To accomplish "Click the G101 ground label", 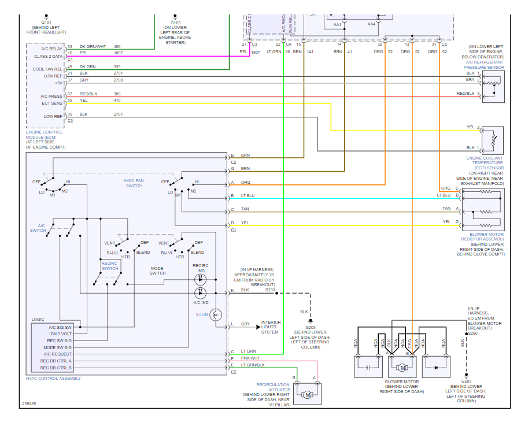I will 42,23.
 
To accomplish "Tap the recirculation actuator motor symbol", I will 308,395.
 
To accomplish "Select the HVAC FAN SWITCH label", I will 134,183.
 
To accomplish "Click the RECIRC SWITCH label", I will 110,265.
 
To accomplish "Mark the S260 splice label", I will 472,333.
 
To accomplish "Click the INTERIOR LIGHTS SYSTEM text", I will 271,327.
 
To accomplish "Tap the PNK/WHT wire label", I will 250,358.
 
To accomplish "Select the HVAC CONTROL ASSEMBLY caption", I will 53,378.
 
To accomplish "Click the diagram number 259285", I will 29,403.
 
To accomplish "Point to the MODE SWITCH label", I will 157,271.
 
